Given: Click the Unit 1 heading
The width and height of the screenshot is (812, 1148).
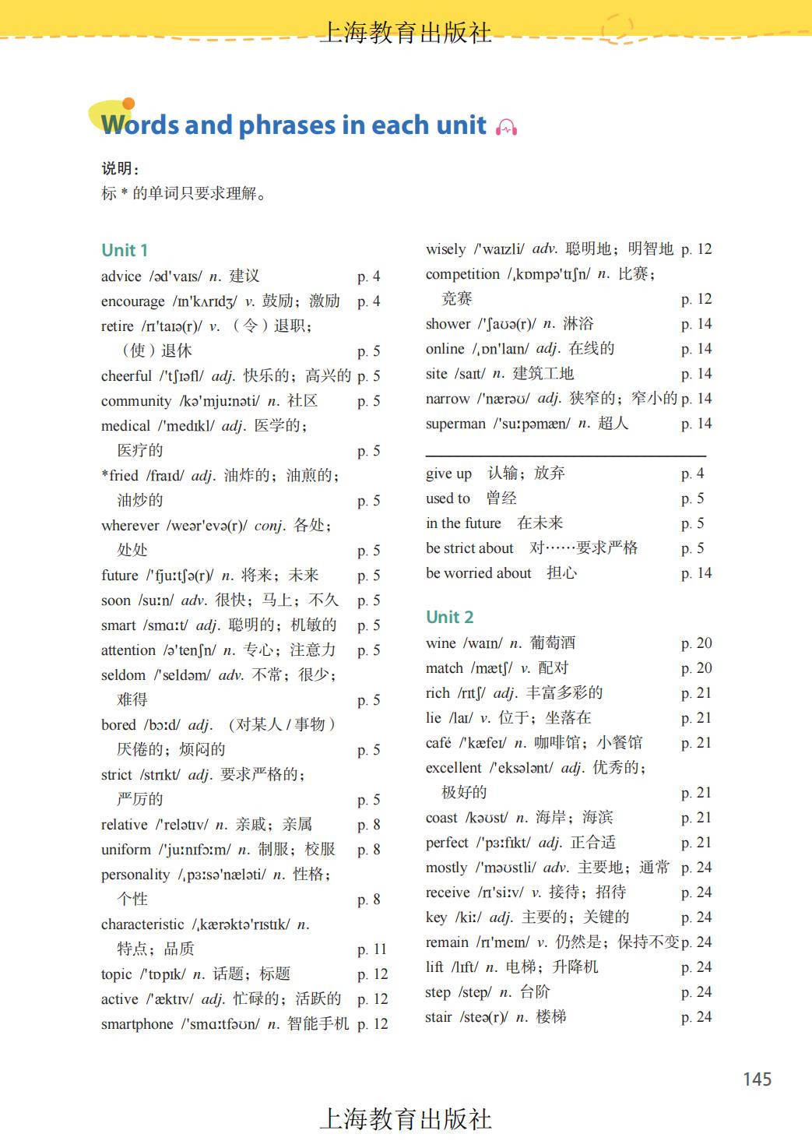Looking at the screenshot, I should (x=125, y=250).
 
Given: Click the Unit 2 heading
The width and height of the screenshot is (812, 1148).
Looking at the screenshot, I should (x=449, y=617).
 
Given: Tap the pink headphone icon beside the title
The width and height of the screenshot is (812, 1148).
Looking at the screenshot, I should (x=506, y=127).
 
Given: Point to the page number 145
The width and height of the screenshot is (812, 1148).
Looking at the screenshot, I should (x=757, y=1079).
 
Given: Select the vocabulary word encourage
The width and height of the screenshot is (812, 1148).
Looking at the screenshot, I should (x=133, y=301).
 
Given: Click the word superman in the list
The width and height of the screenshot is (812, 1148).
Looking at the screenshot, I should (x=455, y=424).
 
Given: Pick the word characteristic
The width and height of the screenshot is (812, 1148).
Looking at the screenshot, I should (x=142, y=924).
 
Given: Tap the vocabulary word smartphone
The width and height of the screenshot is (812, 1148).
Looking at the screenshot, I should (x=137, y=1024).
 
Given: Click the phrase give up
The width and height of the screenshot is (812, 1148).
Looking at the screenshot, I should (x=448, y=474).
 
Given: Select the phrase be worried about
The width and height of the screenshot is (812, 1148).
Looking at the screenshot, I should (x=478, y=573).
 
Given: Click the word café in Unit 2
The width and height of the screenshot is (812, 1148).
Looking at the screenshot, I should (x=438, y=743).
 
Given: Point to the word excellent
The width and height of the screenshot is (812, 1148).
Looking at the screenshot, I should (x=454, y=768).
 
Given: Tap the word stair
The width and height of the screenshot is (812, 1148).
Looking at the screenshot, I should (x=438, y=1017).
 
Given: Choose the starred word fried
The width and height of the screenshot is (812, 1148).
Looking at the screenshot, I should (x=123, y=476).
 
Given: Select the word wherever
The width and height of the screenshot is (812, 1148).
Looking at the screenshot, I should (x=130, y=526).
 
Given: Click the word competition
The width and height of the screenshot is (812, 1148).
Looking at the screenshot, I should (x=462, y=274).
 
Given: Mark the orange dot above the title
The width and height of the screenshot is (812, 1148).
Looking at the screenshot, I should (x=128, y=104).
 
